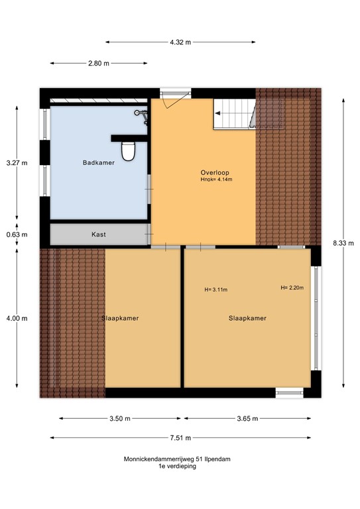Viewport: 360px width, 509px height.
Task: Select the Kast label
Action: click(x=99, y=235)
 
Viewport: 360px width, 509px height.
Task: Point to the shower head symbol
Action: click(x=141, y=115)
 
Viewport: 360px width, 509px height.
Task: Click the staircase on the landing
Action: click(x=234, y=113)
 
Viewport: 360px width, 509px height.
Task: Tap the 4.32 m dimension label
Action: click(x=180, y=42)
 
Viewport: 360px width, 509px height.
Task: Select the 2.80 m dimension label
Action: click(x=99, y=64)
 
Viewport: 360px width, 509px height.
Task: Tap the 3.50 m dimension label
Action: click(x=120, y=419)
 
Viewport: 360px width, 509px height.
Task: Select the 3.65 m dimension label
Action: click(x=247, y=419)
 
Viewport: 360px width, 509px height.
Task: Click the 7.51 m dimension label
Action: click(x=180, y=438)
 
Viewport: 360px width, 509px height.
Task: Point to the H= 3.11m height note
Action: click(x=216, y=290)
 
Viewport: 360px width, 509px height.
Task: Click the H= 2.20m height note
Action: click(x=292, y=288)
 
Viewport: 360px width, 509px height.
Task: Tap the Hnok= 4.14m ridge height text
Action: click(x=216, y=179)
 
